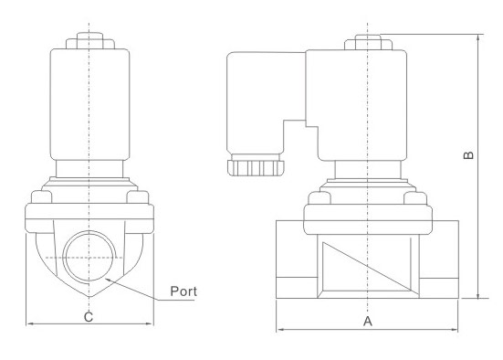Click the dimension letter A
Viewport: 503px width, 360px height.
[368, 321]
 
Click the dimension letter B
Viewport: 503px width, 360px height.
[468, 155]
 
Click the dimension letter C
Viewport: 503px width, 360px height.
[89, 317]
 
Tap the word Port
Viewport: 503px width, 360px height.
[183, 291]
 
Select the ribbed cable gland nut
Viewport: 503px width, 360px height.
[256, 168]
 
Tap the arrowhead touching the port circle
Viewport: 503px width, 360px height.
[109, 280]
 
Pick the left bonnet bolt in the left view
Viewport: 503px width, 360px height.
[41, 197]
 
